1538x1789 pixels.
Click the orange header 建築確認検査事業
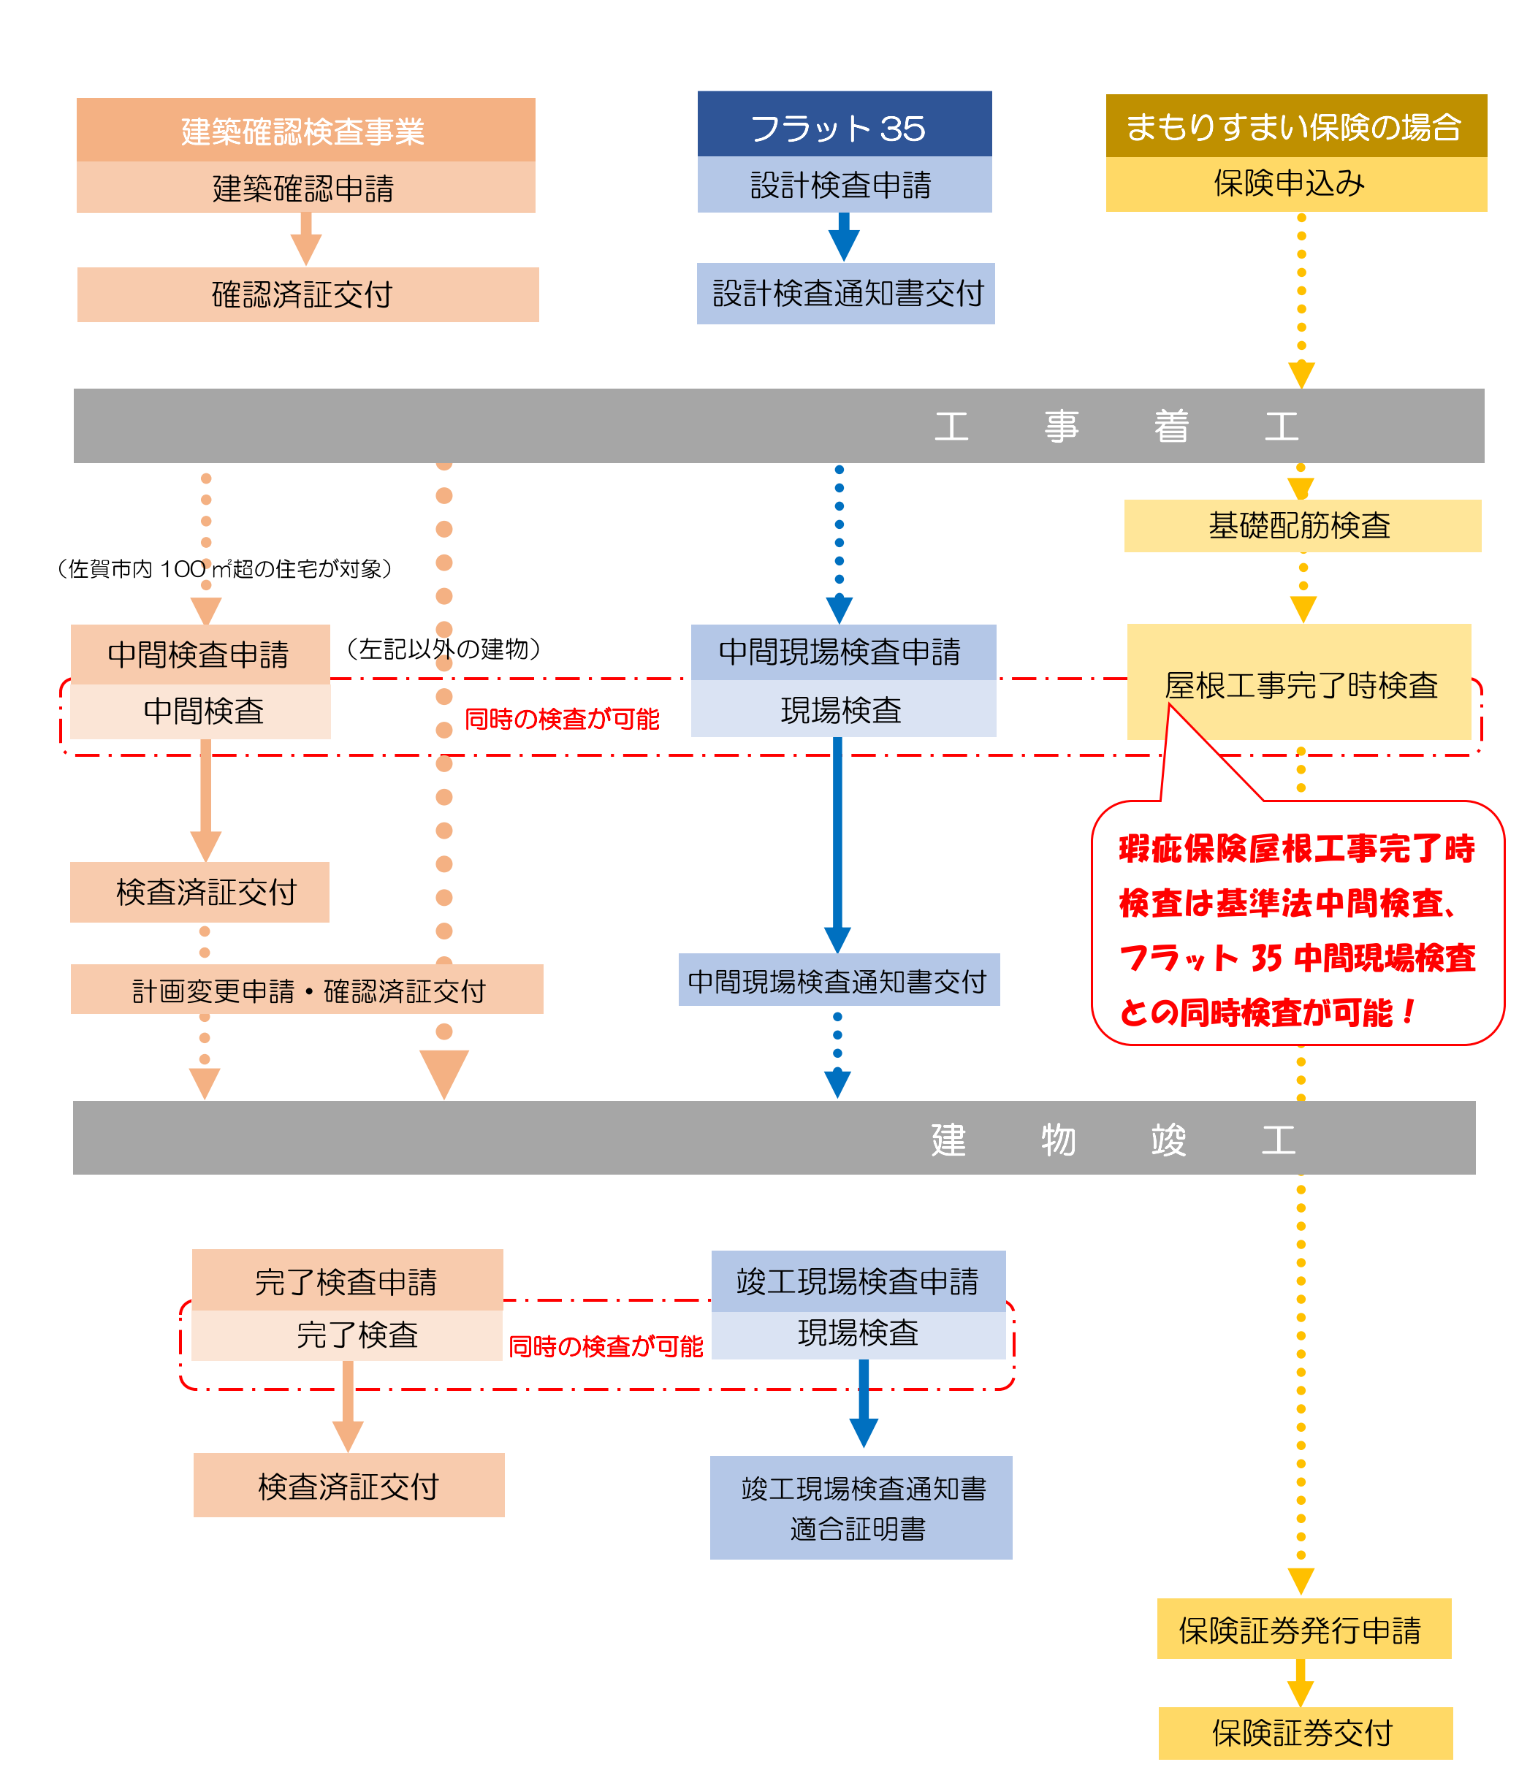pyautogui.click(x=305, y=130)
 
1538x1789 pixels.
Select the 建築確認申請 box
pyautogui.click(x=305, y=187)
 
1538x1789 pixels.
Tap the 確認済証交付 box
pyautogui.click(x=307, y=294)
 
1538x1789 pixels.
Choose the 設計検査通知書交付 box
pyautogui.click(x=845, y=294)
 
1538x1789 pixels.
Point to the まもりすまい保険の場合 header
pyautogui.click(x=1295, y=126)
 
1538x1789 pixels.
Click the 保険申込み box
pyautogui.click(x=1295, y=183)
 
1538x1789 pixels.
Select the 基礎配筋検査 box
pyautogui.click(x=1301, y=525)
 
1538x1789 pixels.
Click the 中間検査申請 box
pyautogui.click(x=199, y=654)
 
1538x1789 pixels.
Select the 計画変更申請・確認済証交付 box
pyautogui.click(x=307, y=990)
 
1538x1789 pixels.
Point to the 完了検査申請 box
pyautogui.click(x=346, y=1280)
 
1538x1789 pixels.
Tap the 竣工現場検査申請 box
pyautogui.click(x=858, y=1281)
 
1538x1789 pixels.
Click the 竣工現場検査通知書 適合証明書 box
pyautogui.click(x=860, y=1507)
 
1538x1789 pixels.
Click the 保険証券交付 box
pyautogui.click(x=1304, y=1732)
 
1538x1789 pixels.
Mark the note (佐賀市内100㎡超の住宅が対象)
pyautogui.click(x=224, y=569)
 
